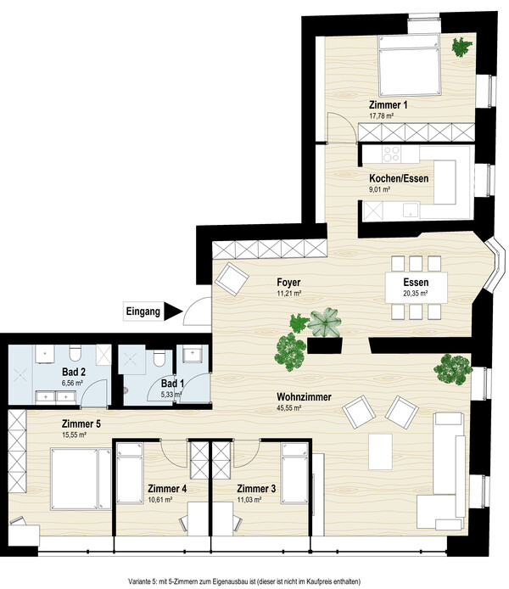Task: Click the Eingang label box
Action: pyautogui.click(x=143, y=311)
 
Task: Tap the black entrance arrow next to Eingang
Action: pyautogui.click(x=172, y=311)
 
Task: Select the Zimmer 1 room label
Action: pyautogui.click(x=388, y=104)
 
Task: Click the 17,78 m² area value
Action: pyautogui.click(x=382, y=116)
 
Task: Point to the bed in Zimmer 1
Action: pyautogui.click(x=409, y=65)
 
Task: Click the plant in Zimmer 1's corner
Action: pyautogui.click(x=461, y=47)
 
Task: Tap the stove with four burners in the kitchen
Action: pyautogui.click(x=391, y=154)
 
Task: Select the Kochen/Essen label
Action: pyautogui.click(x=399, y=178)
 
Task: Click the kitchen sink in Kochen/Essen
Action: pyautogui.click(x=411, y=210)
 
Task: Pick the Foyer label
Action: pyautogui.click(x=288, y=282)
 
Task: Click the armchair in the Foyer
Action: pyautogui.click(x=232, y=279)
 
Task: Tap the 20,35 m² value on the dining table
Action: pyautogui.click(x=416, y=294)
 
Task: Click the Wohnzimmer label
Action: pyautogui.click(x=304, y=396)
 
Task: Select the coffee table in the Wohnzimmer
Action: pyautogui.click(x=380, y=452)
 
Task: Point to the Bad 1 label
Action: pyautogui.click(x=173, y=384)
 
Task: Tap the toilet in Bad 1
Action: pyautogui.click(x=159, y=357)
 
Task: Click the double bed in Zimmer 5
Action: pyautogui.click(x=81, y=479)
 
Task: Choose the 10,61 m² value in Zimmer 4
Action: pyautogui.click(x=159, y=500)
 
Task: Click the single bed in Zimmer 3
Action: pyautogui.click(x=294, y=473)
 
